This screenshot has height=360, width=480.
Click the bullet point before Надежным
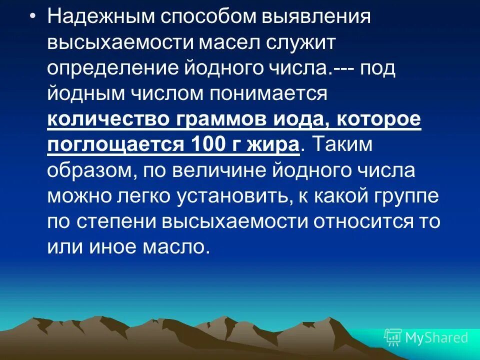tap(32, 16)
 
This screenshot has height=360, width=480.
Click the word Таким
tap(344, 145)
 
